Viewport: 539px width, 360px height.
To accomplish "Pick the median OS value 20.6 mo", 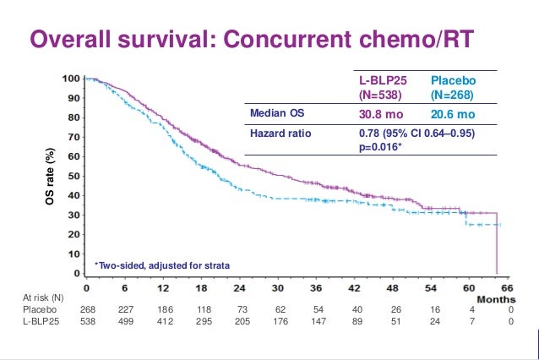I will pos(454,114).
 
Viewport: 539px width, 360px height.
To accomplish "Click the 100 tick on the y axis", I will pos(72,79).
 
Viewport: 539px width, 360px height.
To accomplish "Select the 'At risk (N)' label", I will pos(44,298).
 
